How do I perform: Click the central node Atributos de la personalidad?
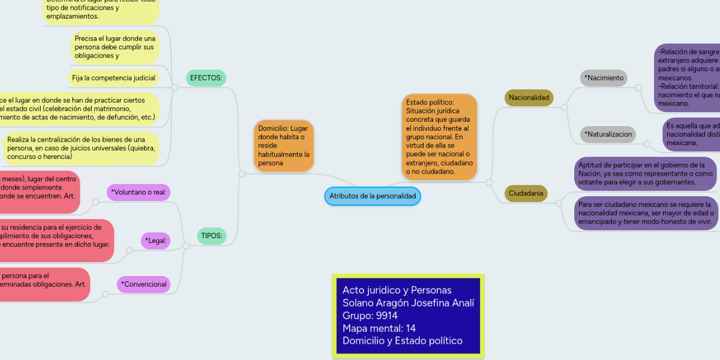372,196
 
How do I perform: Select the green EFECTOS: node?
206,78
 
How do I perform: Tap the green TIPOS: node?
212,236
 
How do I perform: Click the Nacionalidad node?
529,97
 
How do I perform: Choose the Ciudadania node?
526,193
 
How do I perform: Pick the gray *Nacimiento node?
604,77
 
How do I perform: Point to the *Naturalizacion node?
608,134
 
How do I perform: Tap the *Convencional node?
143,284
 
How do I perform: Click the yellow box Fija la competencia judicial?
114,78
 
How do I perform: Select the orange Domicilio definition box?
284,146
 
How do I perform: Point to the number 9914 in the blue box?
386,316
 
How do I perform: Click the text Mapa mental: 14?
379,328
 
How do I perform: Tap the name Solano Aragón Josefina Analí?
407,303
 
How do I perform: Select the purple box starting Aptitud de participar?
645,173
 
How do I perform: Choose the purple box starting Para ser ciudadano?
645,213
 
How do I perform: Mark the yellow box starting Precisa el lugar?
115,47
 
